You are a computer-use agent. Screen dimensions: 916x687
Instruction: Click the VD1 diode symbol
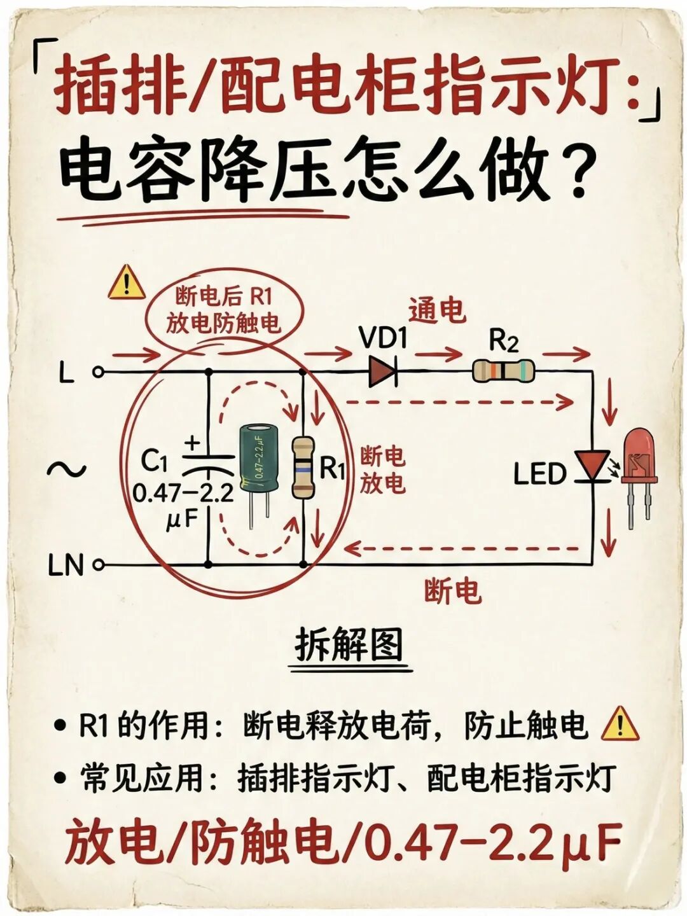coord(383,371)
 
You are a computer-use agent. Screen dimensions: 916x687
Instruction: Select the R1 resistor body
coord(303,468)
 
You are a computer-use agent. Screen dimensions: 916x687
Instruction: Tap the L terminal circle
coord(98,372)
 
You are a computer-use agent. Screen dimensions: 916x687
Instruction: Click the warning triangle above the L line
coord(127,283)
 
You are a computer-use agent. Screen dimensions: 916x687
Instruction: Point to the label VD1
coord(383,338)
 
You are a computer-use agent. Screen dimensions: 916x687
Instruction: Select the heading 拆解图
coord(349,646)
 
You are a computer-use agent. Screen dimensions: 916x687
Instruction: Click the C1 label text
coord(154,461)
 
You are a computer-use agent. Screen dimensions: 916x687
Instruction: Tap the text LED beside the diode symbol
coord(539,475)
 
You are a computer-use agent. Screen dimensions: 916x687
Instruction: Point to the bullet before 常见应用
coord(60,777)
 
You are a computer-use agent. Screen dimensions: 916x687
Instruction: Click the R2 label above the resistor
coord(503,342)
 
